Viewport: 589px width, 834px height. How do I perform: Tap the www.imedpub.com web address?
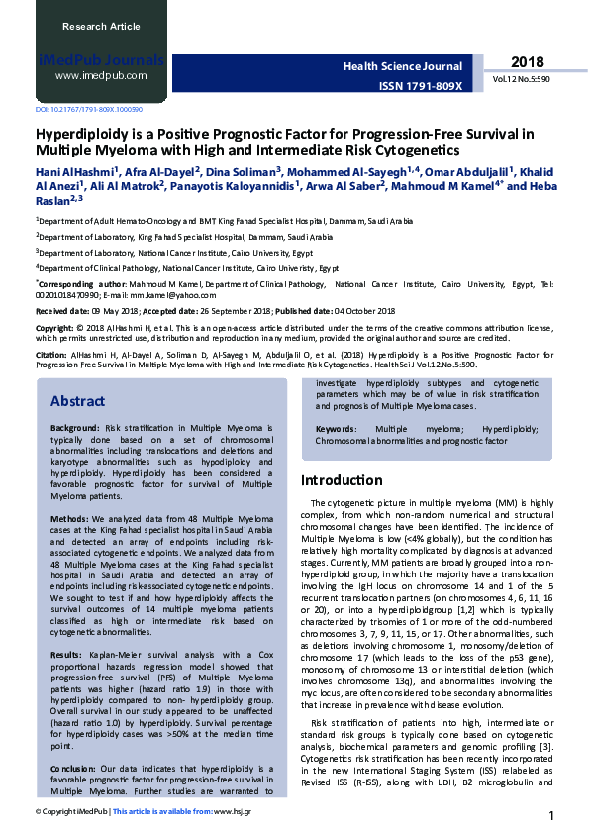click(x=101, y=75)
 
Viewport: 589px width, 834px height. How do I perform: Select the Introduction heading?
click(x=342, y=480)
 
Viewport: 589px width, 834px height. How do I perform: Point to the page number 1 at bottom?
click(x=550, y=815)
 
